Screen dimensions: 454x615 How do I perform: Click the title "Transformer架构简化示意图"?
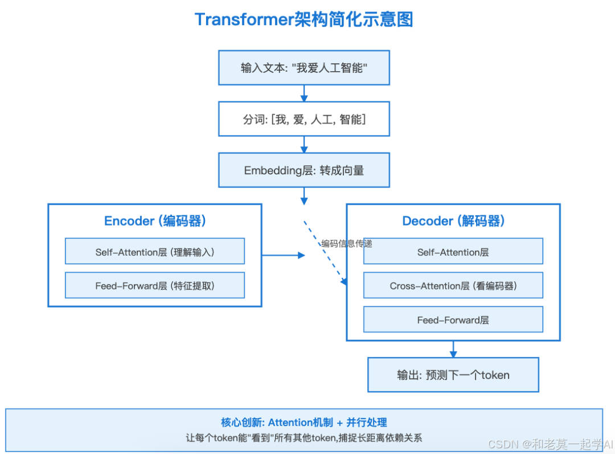304,19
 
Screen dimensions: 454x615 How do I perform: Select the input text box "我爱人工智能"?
304,68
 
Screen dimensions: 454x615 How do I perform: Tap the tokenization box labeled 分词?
304,119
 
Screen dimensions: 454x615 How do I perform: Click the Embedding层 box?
304,170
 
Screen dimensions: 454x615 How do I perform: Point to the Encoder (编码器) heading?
155,221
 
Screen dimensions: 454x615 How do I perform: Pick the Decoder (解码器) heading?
453,221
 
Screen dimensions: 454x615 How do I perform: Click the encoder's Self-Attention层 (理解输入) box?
155,252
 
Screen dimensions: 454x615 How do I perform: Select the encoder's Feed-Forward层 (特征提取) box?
155,286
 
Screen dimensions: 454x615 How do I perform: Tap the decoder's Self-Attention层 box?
453,252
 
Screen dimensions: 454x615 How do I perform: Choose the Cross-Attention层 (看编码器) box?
453,286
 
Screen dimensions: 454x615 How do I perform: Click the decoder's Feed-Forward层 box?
453,320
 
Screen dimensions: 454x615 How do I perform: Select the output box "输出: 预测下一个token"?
453,375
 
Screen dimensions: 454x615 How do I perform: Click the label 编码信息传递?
347,243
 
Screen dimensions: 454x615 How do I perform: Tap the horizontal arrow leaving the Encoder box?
283,255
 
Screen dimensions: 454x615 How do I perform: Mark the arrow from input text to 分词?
304,93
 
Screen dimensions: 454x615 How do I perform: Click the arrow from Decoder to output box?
453,349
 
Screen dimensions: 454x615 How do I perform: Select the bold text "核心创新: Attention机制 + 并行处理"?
304,422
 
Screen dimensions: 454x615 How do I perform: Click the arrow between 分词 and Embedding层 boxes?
304,145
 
